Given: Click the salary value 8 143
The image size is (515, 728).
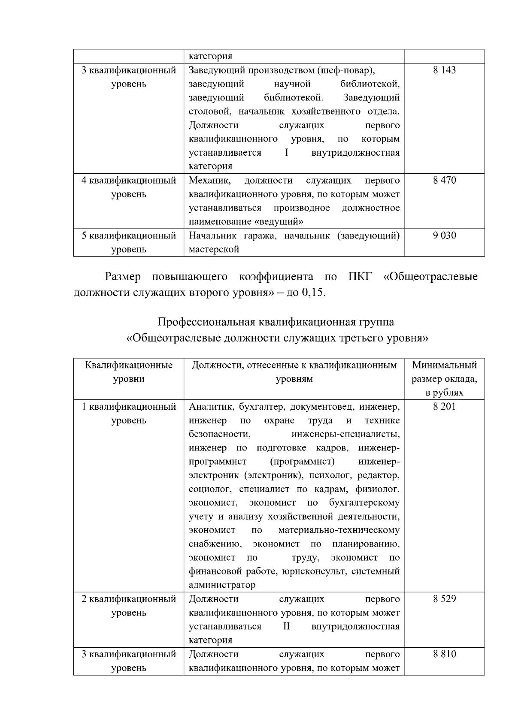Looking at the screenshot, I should point(444,70).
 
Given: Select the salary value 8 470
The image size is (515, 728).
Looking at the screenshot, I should point(444,181).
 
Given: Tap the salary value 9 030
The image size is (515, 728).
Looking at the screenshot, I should point(444,236).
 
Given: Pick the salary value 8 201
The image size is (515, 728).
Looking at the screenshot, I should point(444,407).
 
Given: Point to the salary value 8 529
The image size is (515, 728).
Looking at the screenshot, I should point(444,599).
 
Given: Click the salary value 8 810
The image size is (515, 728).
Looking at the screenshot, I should point(444,654).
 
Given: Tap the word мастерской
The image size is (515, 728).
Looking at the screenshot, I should point(214,249).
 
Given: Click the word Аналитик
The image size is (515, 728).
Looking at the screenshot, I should point(211,407).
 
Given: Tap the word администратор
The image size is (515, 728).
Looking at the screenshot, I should point(222,585).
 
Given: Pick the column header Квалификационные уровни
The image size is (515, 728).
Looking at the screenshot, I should point(129,372).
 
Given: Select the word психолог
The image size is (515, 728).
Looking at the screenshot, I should point(327,475).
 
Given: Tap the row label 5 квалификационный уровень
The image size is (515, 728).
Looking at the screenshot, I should point(129,242).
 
